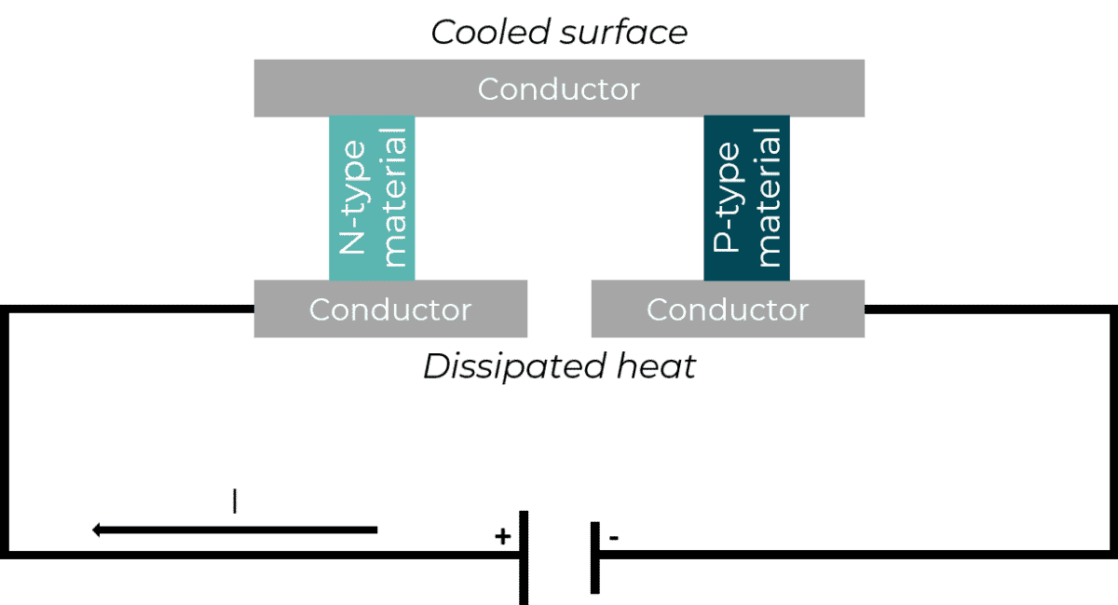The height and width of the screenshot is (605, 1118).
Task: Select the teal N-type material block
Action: click(x=372, y=198)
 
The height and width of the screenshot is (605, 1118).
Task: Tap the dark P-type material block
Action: click(x=745, y=198)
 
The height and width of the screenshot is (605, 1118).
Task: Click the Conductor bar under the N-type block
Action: click(x=390, y=309)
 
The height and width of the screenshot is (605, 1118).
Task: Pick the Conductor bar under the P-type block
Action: click(x=728, y=309)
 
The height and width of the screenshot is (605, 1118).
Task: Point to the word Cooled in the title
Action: click(x=486, y=34)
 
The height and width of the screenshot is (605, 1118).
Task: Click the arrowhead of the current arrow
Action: click(x=97, y=530)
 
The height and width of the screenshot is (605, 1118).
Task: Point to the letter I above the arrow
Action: click(x=235, y=502)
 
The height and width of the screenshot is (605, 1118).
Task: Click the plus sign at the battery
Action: click(x=502, y=536)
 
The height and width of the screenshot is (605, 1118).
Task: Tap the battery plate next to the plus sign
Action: click(x=525, y=557)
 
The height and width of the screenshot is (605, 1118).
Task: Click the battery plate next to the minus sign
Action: click(x=594, y=557)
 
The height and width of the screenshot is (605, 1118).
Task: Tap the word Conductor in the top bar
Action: click(x=559, y=89)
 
